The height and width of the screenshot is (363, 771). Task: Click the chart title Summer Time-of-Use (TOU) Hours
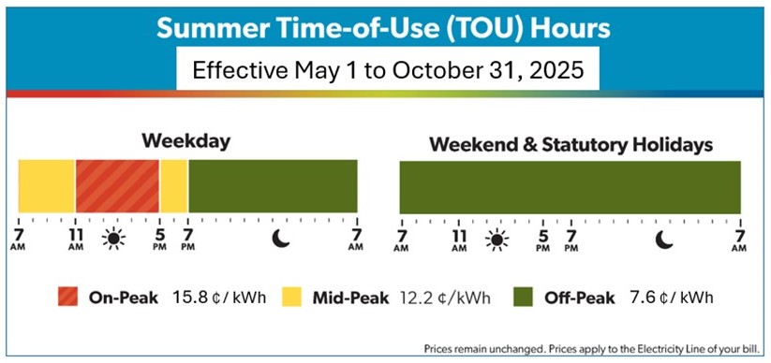click(383, 28)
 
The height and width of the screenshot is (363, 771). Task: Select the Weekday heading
click(185, 141)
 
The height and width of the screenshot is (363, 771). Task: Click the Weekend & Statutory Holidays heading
click(571, 145)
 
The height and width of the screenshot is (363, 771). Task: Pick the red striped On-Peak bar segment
click(117, 186)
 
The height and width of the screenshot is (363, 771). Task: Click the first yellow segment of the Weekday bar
click(47, 186)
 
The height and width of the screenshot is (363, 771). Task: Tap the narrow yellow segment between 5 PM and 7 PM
click(173, 186)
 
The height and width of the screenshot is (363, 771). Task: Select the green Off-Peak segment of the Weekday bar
click(273, 186)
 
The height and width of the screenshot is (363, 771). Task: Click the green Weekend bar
click(570, 187)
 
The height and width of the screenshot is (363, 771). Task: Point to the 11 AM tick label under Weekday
click(76, 240)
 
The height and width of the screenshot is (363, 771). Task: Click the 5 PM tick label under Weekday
click(159, 240)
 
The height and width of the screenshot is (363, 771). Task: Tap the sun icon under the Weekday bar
click(113, 239)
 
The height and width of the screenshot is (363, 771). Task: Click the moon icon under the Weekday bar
click(281, 239)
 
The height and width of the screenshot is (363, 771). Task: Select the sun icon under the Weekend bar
click(497, 240)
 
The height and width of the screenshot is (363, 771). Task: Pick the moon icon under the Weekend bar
click(664, 240)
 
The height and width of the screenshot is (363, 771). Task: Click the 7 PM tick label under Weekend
click(571, 240)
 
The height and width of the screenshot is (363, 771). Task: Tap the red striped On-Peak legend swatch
click(67, 298)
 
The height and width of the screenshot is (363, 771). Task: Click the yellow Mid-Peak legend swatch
click(291, 298)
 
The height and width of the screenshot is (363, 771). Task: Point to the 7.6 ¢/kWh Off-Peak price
click(671, 298)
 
